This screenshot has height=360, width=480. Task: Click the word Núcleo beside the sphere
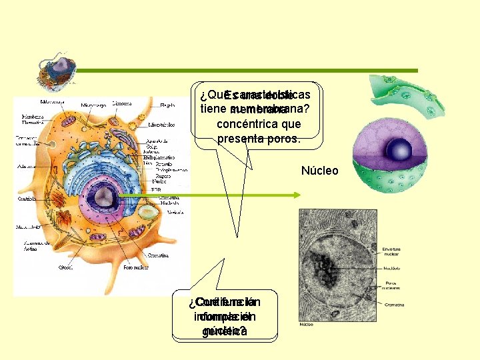click(x=319, y=171)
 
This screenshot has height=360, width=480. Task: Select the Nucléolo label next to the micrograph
click(x=392, y=269)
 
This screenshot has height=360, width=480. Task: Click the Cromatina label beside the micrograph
click(x=394, y=304)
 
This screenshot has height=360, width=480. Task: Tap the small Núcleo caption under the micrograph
click(x=307, y=325)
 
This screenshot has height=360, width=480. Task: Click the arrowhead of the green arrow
click(x=298, y=195)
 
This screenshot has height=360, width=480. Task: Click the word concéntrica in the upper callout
click(x=259, y=124)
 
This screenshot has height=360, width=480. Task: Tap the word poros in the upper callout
click(x=286, y=139)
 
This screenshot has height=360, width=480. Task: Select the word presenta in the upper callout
click(x=241, y=139)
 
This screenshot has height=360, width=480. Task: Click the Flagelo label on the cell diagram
click(x=168, y=105)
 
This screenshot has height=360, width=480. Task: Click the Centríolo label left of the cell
click(x=27, y=198)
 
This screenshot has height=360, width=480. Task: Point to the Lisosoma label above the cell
click(x=121, y=103)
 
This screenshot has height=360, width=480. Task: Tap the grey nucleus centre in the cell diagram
click(x=103, y=195)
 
